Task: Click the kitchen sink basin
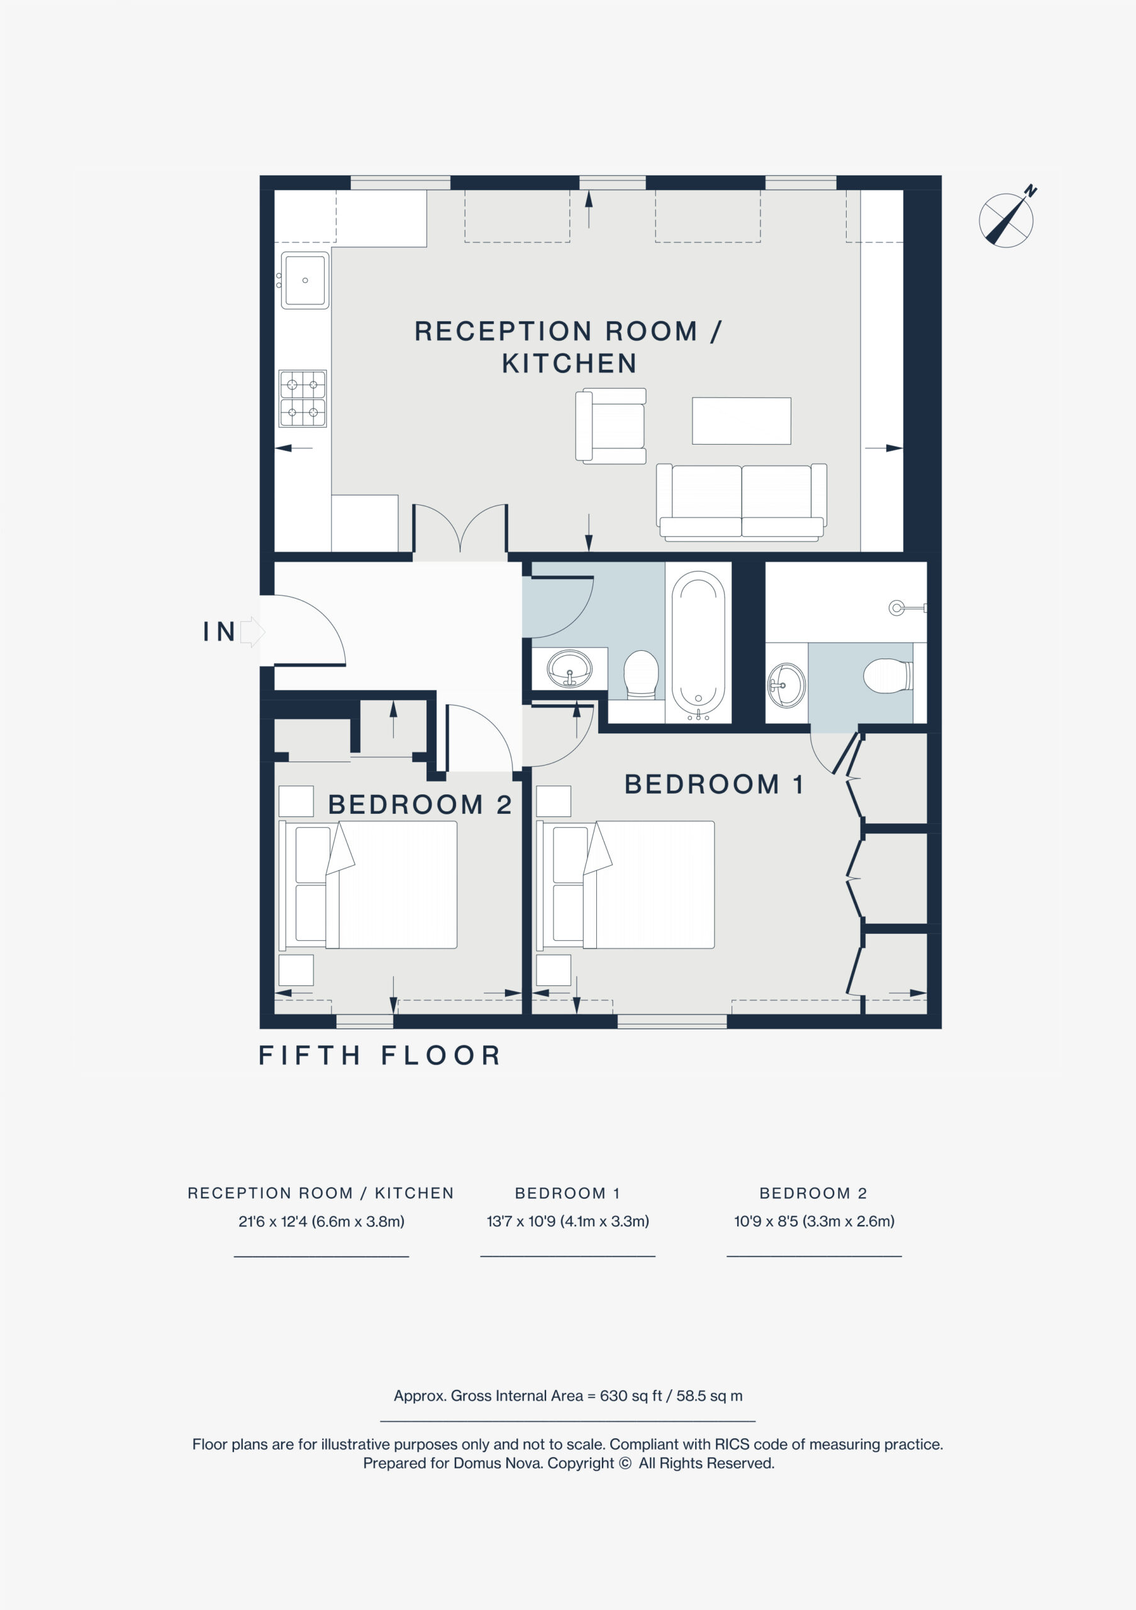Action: click(305, 280)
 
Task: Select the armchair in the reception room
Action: click(611, 426)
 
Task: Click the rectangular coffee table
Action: click(741, 421)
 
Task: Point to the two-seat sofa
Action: click(741, 502)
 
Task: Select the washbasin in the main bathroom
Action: click(569, 669)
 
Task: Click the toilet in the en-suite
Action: click(888, 676)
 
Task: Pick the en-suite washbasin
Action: click(787, 684)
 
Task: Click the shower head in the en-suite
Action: click(908, 608)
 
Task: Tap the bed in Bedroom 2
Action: click(368, 885)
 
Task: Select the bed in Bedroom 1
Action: click(625, 885)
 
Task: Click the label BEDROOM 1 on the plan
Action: click(714, 785)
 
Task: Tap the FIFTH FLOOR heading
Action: click(379, 1055)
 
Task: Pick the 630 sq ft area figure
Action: click(630, 1396)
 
